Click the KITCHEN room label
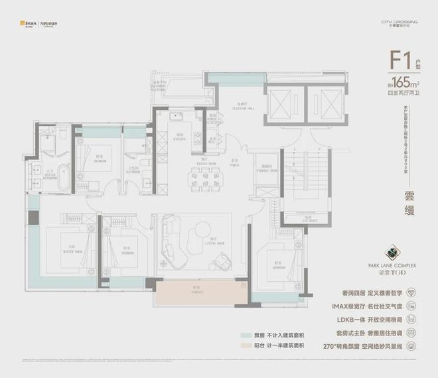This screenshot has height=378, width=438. click(x=180, y=139)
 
